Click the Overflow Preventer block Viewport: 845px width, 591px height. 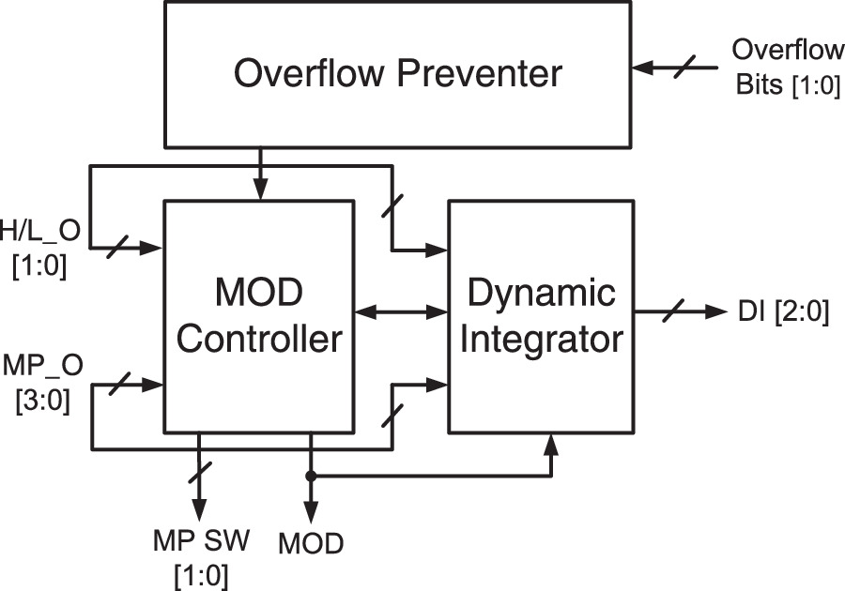tap(397, 73)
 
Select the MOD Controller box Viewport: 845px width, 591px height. tap(259, 315)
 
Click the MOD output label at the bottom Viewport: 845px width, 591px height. tap(312, 543)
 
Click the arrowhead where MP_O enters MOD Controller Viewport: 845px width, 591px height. tap(155, 383)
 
